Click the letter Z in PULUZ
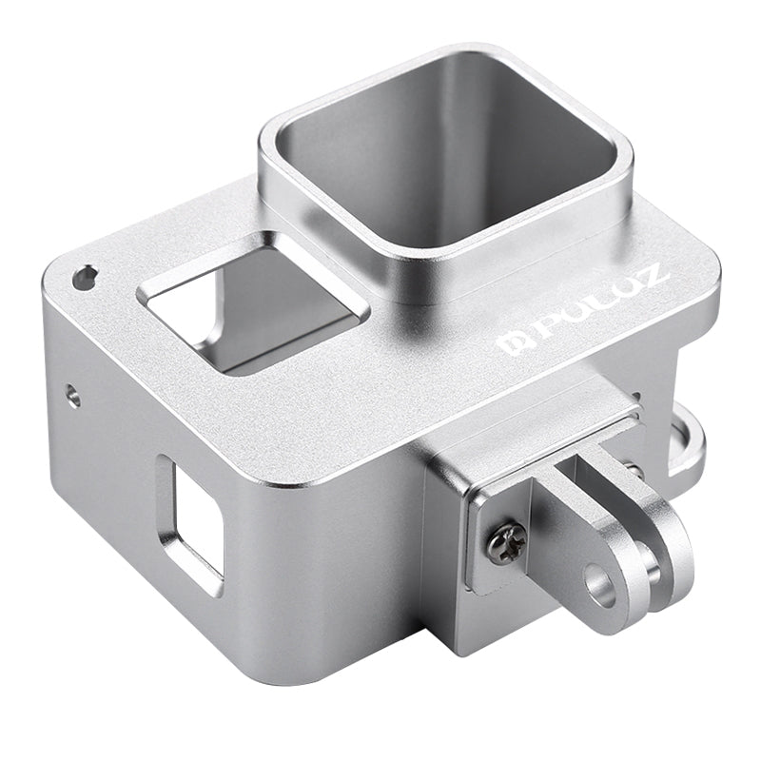[654, 277]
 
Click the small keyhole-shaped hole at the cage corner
[87, 277]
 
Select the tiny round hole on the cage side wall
[73, 395]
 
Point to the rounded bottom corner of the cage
[276, 666]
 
